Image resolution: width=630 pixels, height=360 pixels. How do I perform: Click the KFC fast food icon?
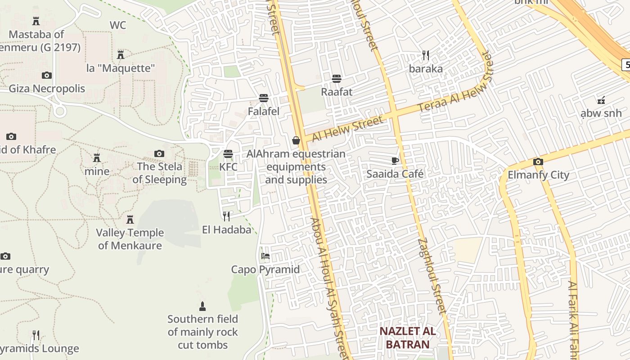228,153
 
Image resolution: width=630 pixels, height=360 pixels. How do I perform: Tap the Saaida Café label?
395,174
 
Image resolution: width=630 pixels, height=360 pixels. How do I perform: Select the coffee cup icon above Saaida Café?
395,161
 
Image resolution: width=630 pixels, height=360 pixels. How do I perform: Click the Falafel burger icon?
264,98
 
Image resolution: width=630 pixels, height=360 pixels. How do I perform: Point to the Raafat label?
337,92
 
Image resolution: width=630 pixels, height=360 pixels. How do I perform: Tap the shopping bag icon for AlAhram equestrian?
296,140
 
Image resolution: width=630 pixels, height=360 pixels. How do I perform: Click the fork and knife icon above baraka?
426,55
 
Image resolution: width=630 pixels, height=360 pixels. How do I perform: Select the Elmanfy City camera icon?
538,162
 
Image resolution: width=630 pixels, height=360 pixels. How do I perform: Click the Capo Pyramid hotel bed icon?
265,256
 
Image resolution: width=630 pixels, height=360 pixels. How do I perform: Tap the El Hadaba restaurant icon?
226,216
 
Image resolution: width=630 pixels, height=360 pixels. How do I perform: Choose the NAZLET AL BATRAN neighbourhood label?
407,338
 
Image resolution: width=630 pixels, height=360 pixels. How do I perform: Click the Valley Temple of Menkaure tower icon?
130,220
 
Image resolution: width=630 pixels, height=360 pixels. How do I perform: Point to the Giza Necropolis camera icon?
47,75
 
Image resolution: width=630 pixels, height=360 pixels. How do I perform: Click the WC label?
118,25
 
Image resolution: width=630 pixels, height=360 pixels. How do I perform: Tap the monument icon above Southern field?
202,306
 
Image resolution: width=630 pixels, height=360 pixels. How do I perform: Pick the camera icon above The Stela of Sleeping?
159,153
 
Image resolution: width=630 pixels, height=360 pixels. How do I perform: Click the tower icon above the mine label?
97,158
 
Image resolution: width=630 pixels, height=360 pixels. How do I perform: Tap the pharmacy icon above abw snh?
601,100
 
